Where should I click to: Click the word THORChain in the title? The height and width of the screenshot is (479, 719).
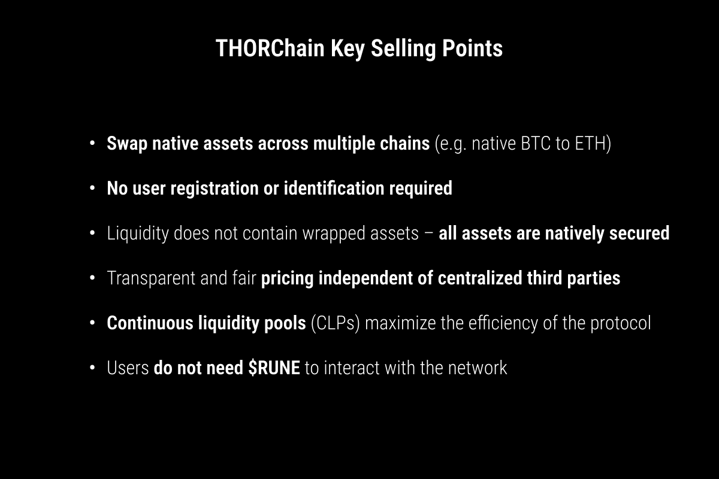(270, 48)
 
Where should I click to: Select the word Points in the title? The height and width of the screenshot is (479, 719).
(473, 48)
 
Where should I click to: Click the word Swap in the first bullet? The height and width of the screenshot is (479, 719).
(127, 144)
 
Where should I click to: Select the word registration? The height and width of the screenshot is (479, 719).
(215, 189)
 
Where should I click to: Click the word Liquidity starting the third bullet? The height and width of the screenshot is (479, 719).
(138, 234)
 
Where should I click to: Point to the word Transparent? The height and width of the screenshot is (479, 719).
(151, 278)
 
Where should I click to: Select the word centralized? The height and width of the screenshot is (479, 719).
(480, 278)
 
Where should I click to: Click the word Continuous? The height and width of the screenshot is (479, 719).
(150, 323)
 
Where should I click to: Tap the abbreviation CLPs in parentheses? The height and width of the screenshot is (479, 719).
(335, 323)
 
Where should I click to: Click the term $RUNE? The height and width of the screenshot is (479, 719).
(274, 368)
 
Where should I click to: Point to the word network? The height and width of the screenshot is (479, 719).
(478, 368)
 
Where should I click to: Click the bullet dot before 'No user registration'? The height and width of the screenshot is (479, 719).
(92, 189)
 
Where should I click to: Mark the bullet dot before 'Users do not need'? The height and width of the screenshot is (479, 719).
(92, 368)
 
